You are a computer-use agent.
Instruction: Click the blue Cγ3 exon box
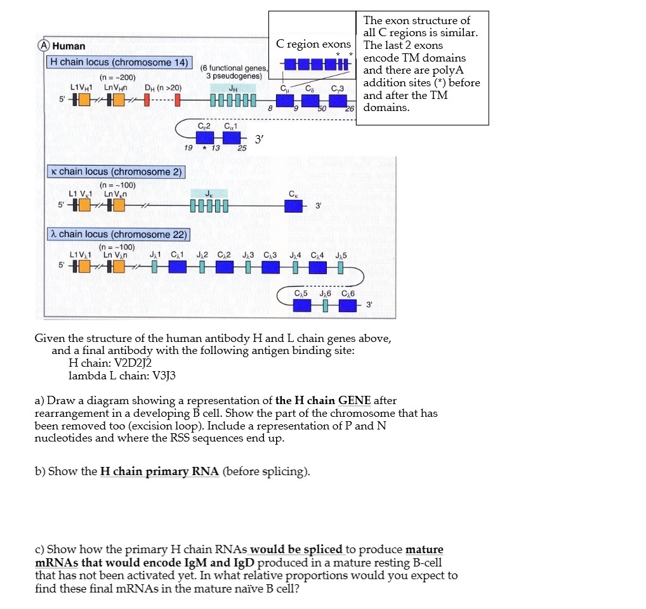(x=338, y=101)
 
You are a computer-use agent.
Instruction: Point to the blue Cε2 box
(x=205, y=137)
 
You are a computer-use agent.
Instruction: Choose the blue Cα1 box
(x=231, y=137)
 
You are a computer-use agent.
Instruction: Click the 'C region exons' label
(x=313, y=44)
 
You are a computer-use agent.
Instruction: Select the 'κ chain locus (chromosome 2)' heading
(x=117, y=171)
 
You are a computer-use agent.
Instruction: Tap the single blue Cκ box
(x=293, y=206)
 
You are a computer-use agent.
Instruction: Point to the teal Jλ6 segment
(x=325, y=305)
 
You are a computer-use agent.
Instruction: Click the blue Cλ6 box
(x=348, y=305)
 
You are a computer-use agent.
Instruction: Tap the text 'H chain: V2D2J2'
(x=110, y=363)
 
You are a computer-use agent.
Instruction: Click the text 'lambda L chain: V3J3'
(x=122, y=375)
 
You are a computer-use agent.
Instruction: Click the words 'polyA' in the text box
(x=448, y=70)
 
